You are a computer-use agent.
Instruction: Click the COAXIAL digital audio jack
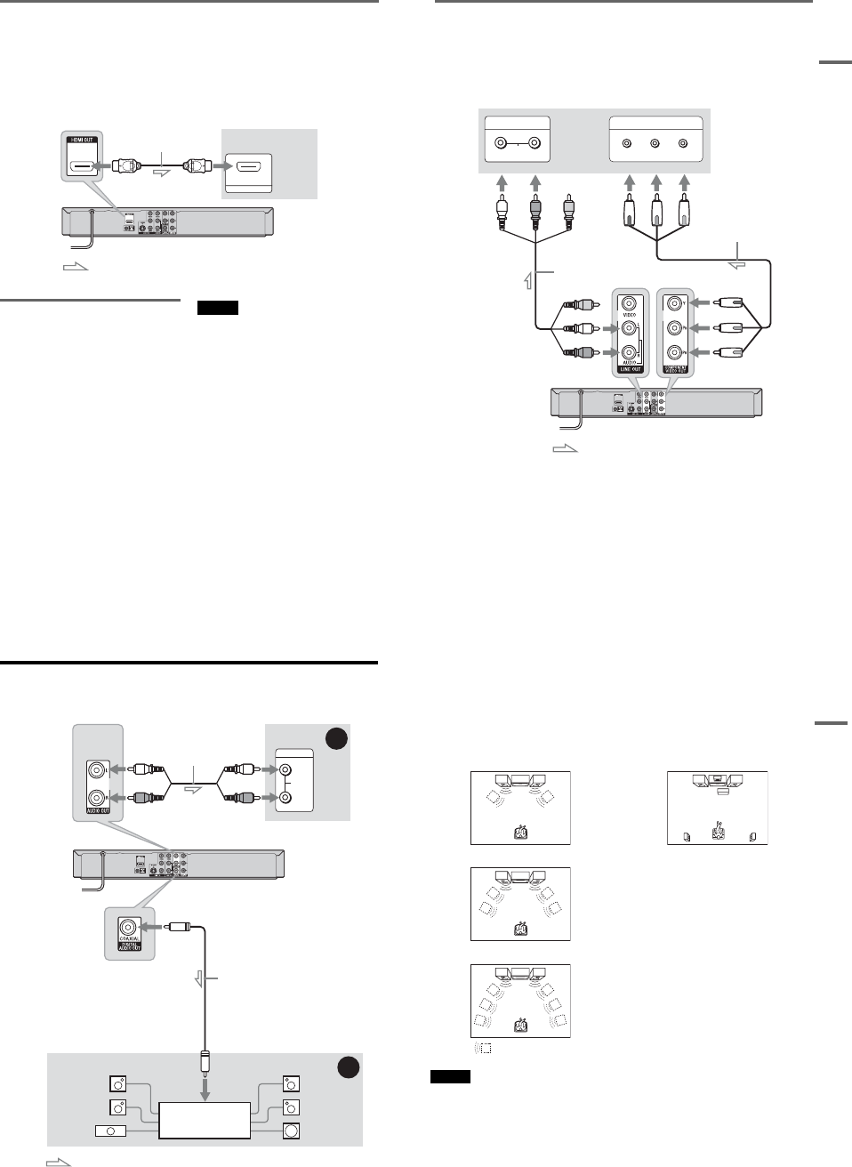[129, 927]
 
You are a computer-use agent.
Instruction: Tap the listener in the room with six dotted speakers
[520, 1026]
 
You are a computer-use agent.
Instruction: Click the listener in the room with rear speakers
[717, 832]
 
